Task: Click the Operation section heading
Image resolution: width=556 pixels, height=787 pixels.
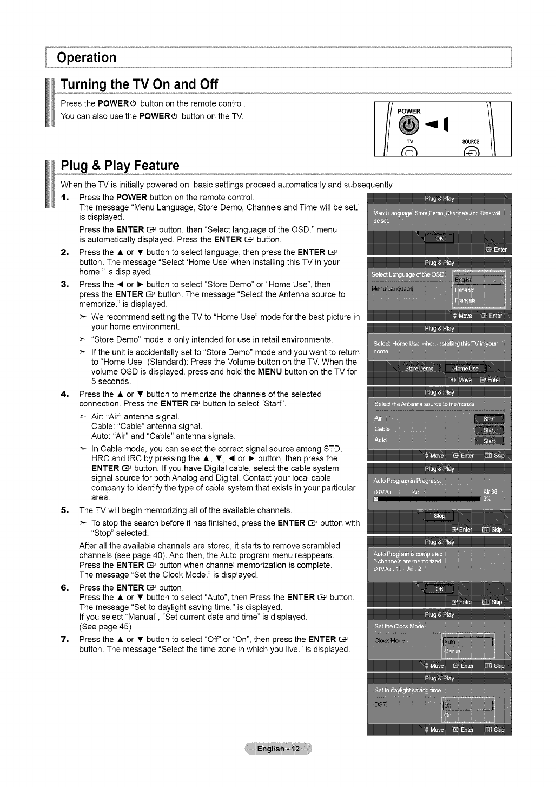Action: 87,57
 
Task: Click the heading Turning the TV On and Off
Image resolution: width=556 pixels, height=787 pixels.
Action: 139,85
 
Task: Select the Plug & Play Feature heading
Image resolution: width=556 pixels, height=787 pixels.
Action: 120,165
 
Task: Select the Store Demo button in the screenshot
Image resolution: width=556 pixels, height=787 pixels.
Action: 419,369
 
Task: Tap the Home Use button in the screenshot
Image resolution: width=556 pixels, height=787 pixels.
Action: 466,369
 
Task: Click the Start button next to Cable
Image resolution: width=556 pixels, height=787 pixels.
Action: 489,430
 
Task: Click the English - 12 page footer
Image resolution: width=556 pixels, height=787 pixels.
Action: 278,749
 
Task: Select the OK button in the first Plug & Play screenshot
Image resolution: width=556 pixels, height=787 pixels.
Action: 439,239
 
